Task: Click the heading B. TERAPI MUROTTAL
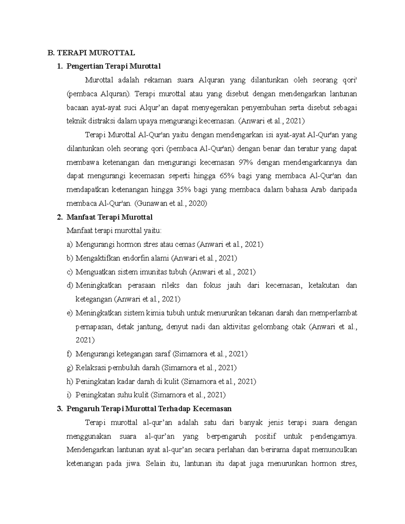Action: click(x=91, y=53)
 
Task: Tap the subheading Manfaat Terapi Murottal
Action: click(x=110, y=217)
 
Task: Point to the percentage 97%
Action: click(x=245, y=162)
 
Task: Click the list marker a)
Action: click(x=70, y=244)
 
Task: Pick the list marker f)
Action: click(x=70, y=354)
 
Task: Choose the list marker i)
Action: click(x=70, y=395)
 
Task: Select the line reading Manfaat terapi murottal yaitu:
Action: click(x=114, y=231)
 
